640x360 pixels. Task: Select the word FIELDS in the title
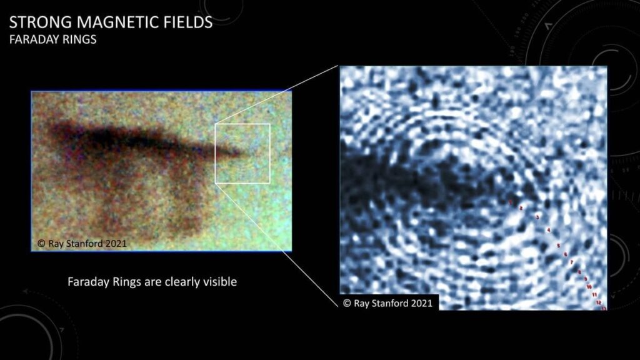[184, 23]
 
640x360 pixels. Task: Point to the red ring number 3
[537, 217]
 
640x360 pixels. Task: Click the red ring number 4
[548, 231]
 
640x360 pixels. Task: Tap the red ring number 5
[558, 246]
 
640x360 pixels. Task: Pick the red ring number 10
[589, 286]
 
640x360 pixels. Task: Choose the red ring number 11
[594, 294]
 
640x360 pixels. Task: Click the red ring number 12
[599, 302]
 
